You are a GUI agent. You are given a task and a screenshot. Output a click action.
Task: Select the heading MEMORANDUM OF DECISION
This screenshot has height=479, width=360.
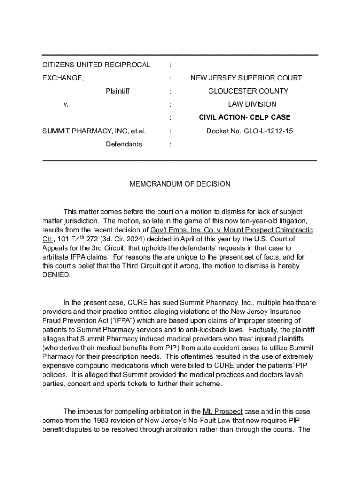coord(180,184)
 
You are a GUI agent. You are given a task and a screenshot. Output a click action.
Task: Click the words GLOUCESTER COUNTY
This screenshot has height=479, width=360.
coord(248,91)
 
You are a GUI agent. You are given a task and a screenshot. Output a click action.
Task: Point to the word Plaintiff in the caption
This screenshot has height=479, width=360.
coord(117,91)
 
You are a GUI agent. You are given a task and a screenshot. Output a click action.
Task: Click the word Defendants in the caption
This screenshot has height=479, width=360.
coord(123,144)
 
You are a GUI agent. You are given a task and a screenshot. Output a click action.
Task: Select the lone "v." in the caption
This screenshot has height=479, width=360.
coord(66,104)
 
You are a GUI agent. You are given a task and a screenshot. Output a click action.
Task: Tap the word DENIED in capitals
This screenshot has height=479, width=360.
coord(57,275)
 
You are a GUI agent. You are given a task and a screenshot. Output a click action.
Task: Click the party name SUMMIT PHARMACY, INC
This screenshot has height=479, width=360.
coord(86,131)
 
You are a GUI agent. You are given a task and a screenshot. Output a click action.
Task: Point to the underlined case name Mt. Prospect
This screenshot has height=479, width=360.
coord(223,411)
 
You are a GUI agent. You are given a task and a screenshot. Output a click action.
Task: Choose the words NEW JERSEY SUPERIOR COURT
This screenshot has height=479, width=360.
coord(246,78)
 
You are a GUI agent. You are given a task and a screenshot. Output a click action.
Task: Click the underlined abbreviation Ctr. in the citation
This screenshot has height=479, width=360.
coord(48,239)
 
